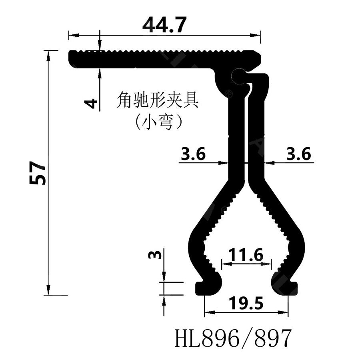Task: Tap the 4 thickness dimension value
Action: click(92, 103)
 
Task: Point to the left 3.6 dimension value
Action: click(193, 154)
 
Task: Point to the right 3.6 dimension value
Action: click(298, 154)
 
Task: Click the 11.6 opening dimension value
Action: click(246, 254)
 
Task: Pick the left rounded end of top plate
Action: click(73, 59)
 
